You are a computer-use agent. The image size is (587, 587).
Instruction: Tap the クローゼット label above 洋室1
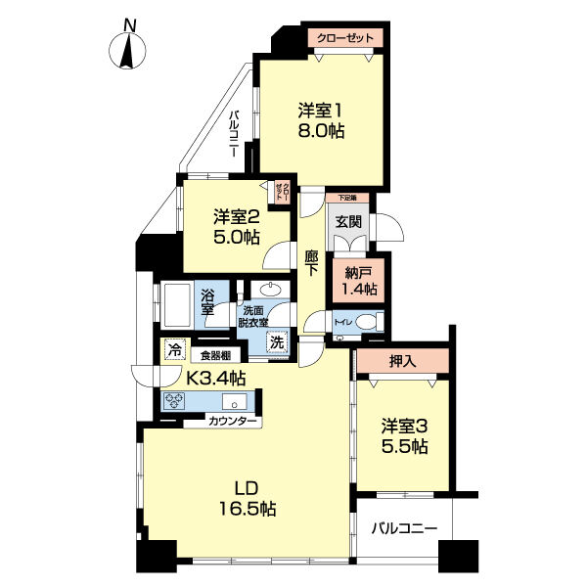[x=345, y=38]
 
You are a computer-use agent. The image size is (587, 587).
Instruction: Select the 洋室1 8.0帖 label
[x=321, y=119]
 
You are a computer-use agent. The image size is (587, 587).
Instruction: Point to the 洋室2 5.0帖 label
[x=236, y=227]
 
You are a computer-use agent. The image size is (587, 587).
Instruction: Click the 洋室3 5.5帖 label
[x=404, y=436]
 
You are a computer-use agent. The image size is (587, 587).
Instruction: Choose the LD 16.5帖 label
[x=247, y=498]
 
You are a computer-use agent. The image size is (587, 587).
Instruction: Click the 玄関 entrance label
[x=348, y=222]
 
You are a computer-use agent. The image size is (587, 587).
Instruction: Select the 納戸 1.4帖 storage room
[x=357, y=282]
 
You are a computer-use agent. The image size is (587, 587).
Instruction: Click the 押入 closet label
[x=403, y=360]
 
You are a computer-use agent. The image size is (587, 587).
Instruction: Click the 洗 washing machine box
[x=277, y=343]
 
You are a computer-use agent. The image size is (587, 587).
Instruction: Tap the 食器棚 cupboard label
[x=215, y=356]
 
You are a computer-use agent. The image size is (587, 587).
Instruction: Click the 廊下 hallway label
[x=312, y=267]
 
